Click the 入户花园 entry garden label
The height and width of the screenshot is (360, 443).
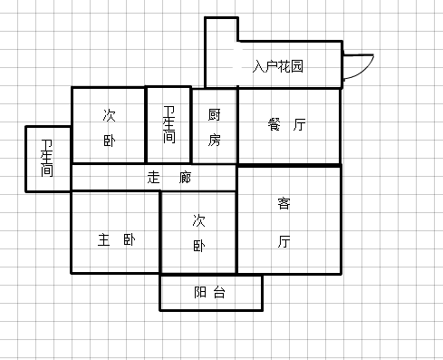(x=278, y=66)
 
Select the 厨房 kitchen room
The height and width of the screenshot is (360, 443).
(x=214, y=127)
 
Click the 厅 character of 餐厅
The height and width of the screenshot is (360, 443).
(x=300, y=125)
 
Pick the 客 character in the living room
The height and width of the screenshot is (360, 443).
(x=284, y=204)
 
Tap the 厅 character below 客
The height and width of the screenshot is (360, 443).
(x=284, y=241)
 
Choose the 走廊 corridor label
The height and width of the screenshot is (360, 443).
(x=169, y=178)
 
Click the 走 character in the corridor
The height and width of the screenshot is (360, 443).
(x=153, y=178)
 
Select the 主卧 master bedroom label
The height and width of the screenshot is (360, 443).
(x=116, y=240)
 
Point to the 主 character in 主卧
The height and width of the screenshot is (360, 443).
(x=104, y=240)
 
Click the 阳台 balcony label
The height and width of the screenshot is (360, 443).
(x=210, y=293)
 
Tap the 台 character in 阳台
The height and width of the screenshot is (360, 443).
(x=219, y=293)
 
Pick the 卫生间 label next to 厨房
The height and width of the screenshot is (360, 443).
(x=169, y=126)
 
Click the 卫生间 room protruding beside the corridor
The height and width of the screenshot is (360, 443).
(x=47, y=159)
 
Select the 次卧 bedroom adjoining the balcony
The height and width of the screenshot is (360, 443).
(x=199, y=232)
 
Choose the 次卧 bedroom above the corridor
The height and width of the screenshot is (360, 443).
(x=109, y=127)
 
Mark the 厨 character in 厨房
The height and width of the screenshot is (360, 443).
(x=214, y=115)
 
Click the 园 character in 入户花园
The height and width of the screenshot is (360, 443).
(x=296, y=66)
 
